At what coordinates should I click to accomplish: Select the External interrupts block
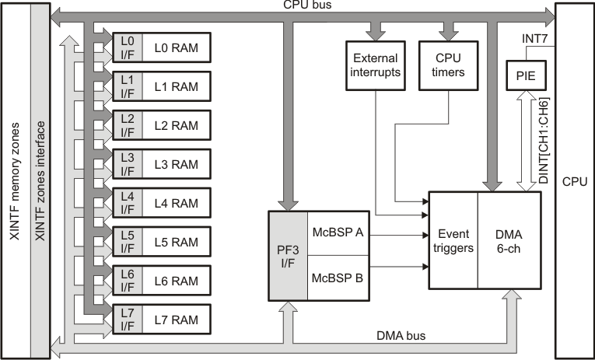tap(376, 65)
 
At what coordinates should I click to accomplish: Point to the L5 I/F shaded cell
tap(128, 242)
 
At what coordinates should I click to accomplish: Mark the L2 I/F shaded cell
tap(128, 125)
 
